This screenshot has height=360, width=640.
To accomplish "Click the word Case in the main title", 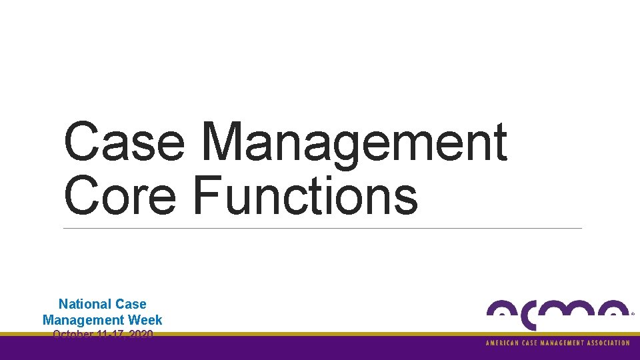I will pos(124,142).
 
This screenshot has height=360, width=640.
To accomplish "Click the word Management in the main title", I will pos(354,142).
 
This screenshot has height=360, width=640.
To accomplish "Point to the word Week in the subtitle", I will pos(146,320).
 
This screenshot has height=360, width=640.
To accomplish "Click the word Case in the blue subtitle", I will pos(131,305).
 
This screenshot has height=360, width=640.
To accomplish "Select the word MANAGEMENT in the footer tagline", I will pos(562,343).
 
